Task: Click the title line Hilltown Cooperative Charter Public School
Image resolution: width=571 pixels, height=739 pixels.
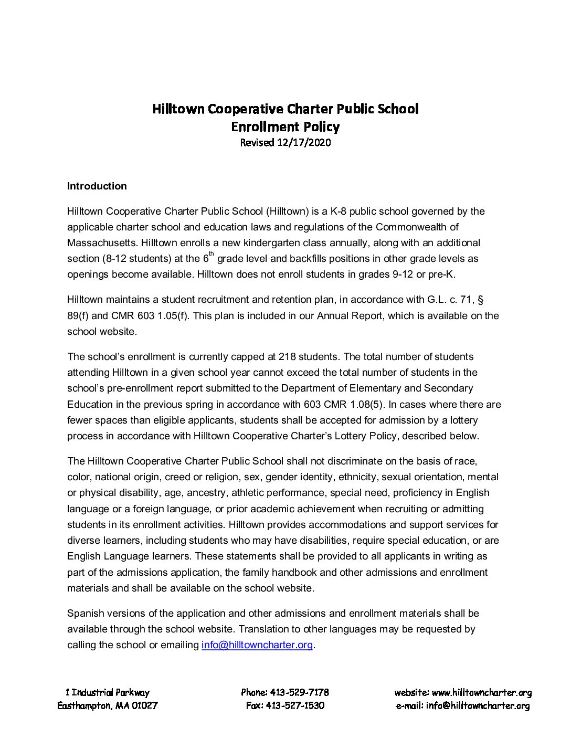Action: tap(285, 109)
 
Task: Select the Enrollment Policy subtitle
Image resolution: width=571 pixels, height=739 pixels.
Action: tap(285, 126)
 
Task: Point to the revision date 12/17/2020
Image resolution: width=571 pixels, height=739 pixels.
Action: tap(303, 142)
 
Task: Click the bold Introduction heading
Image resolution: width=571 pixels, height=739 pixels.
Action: tap(97, 186)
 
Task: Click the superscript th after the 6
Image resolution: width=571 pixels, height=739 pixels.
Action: tap(212, 254)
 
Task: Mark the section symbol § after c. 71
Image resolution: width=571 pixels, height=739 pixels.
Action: tap(480, 300)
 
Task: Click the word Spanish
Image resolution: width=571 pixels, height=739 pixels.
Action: tap(86, 614)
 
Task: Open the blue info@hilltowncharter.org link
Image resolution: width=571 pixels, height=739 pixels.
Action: tap(257, 645)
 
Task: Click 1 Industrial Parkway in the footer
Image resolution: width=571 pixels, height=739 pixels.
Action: tap(108, 693)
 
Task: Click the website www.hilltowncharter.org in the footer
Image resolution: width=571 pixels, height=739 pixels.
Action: tap(482, 693)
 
